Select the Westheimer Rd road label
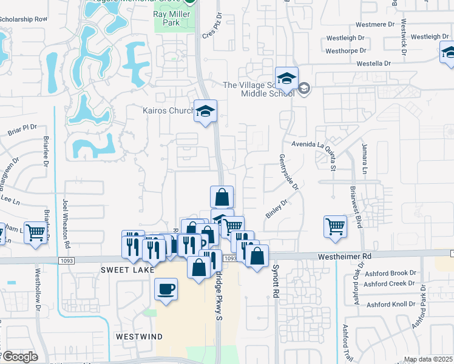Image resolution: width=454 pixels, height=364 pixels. (344, 257)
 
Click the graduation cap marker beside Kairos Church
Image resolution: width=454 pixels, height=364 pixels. (206, 110)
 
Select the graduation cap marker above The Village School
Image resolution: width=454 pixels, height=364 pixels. (286, 78)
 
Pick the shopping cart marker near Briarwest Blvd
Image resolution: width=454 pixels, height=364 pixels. (335, 226)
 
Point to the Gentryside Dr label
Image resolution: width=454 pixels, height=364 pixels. (290, 171)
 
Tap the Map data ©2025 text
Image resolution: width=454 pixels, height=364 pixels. (428, 359)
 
